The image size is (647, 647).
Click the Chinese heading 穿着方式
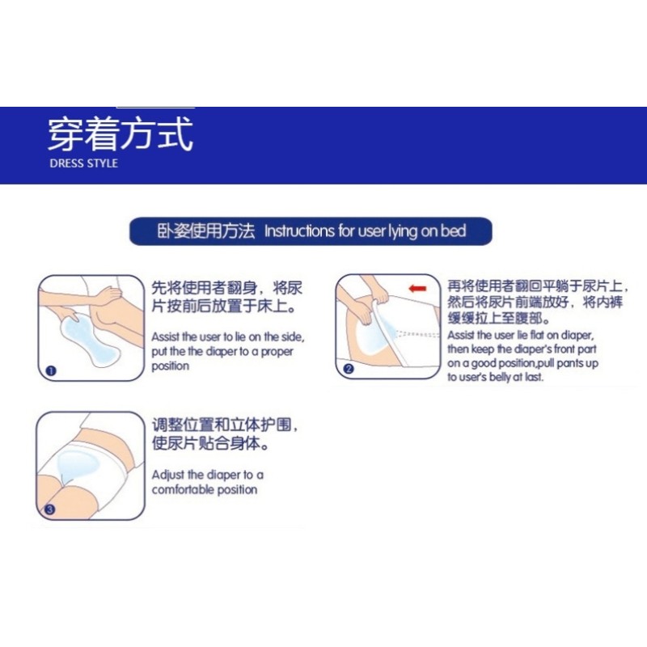point(120,134)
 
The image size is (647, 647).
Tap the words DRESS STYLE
point(83,163)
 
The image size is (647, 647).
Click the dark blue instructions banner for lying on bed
point(311,231)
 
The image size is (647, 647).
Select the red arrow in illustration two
point(417,288)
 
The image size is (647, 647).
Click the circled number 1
point(51,371)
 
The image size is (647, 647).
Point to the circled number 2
point(349,369)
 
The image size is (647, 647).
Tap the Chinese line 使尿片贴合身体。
point(211,444)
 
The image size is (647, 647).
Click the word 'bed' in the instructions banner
point(455,231)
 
